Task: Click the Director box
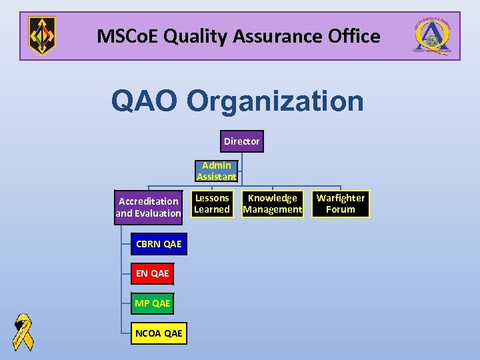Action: click(241, 141)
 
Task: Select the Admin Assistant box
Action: click(216, 171)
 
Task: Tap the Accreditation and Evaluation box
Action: click(148, 207)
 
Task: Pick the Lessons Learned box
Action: click(212, 204)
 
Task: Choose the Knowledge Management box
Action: click(272, 204)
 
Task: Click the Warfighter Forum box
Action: click(341, 204)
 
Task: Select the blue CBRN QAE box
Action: click(159, 244)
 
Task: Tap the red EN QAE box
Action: click(153, 273)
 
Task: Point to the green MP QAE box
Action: click(153, 303)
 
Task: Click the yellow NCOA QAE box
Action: click(159, 333)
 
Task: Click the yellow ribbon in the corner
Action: click(23, 331)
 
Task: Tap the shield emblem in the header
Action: click(42, 36)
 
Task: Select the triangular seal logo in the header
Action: click(434, 36)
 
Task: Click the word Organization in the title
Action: click(275, 102)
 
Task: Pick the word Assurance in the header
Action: click(270, 36)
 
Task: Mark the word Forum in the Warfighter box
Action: click(341, 209)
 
